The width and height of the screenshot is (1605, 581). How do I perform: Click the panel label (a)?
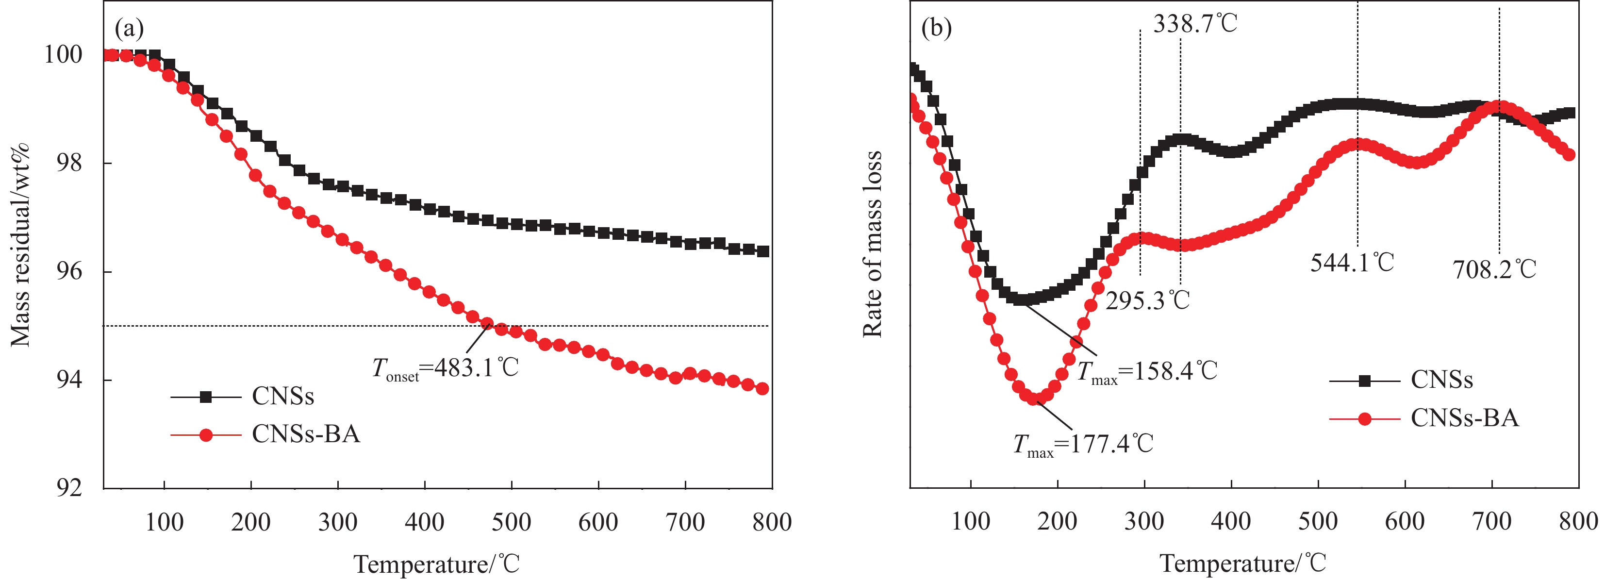129,29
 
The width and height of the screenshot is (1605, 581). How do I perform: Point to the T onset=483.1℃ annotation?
445,368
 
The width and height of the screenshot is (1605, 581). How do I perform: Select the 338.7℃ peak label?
1194,24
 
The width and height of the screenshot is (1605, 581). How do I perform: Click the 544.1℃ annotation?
1352,263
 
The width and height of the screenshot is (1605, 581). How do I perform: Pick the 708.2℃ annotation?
1494,269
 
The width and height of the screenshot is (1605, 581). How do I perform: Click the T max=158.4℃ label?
1146,371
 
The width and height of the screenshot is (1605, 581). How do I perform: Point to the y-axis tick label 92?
68,488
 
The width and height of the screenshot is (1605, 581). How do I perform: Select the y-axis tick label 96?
68,272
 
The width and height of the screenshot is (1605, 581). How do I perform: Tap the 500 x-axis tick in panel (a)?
511,522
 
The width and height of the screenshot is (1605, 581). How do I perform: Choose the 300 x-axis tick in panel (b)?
1144,521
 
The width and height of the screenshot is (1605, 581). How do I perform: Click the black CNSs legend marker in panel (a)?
206,397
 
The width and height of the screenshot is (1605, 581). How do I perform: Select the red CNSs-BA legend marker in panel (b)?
1364,418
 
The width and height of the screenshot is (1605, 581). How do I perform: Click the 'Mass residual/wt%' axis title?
20,244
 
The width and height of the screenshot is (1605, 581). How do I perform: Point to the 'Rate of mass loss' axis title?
872,244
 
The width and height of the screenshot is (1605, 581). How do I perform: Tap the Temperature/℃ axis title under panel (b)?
1242,564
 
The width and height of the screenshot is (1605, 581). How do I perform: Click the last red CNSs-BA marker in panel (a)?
762,389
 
